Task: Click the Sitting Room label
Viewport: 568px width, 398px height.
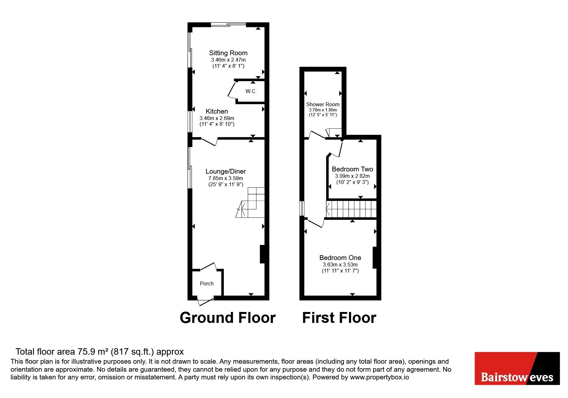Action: click(228, 53)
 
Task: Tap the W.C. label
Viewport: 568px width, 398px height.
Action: click(251, 91)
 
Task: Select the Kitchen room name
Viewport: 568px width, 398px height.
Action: click(217, 111)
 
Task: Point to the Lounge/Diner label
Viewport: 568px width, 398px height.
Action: click(226, 171)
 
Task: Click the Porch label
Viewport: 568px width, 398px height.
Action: click(207, 283)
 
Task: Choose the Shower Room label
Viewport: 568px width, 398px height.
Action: click(323, 104)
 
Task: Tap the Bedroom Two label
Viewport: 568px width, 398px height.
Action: click(352, 169)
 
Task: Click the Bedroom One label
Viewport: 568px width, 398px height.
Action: click(340, 258)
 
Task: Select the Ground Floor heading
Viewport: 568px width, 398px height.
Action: click(228, 318)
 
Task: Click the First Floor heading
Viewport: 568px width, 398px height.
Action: click(339, 318)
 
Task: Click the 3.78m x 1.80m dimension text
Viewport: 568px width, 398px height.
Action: click(323, 110)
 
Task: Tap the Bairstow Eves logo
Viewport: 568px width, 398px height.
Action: click(517, 368)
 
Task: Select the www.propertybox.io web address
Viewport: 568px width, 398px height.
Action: click(379, 377)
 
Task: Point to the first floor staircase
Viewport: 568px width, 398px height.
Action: click(351, 209)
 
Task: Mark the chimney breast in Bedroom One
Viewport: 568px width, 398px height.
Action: click(374, 257)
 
